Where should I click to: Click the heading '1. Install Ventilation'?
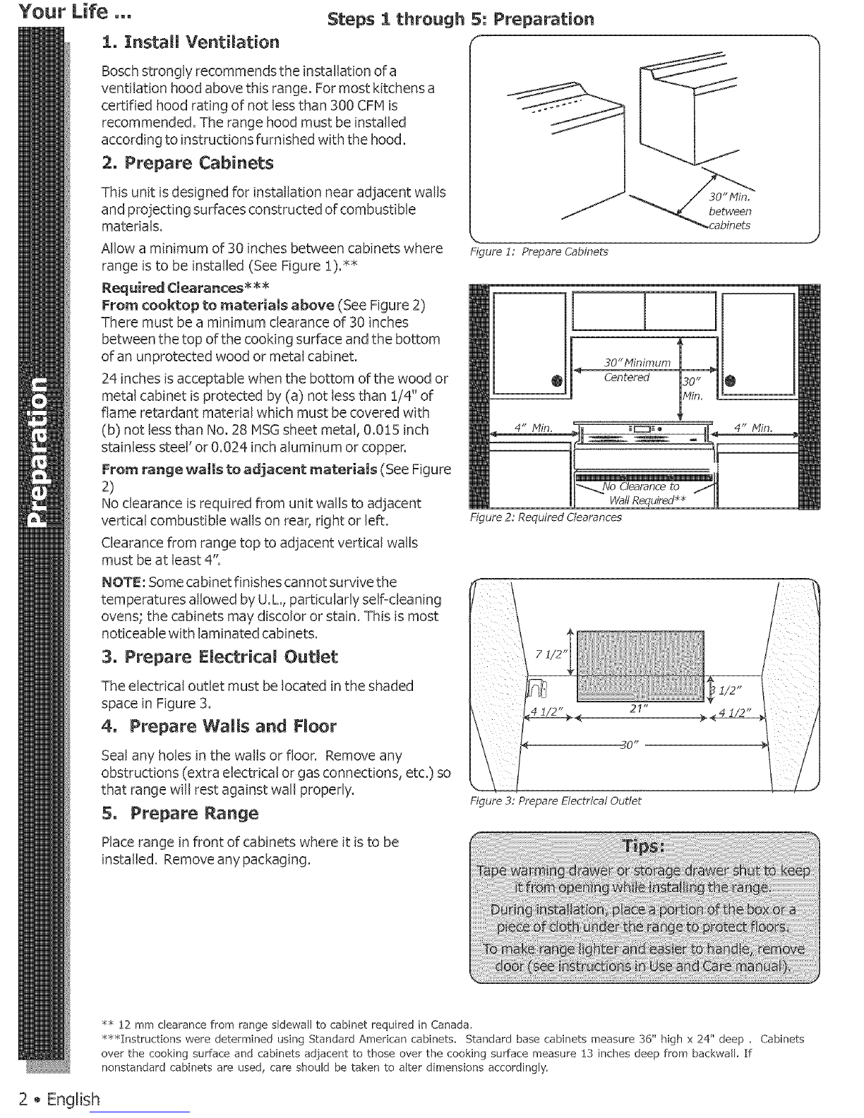[x=190, y=42]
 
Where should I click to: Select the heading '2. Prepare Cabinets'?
[x=187, y=163]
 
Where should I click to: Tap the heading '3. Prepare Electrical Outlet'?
[x=220, y=657]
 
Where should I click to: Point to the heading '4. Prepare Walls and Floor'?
[x=219, y=726]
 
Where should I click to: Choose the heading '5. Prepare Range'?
[x=180, y=813]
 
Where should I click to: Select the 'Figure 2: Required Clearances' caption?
[x=546, y=517]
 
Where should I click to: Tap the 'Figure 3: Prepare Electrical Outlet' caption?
[x=556, y=800]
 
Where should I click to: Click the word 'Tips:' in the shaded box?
[x=643, y=847]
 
